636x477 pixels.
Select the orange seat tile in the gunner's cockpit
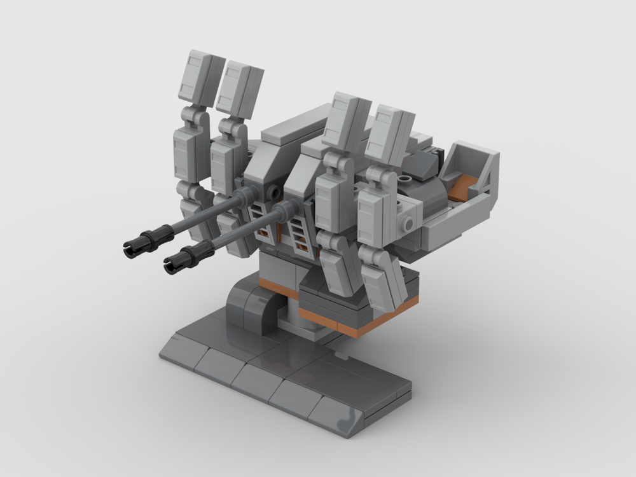point(465,187)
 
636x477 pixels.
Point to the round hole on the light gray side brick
point(408,223)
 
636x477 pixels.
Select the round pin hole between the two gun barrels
point(274,191)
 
